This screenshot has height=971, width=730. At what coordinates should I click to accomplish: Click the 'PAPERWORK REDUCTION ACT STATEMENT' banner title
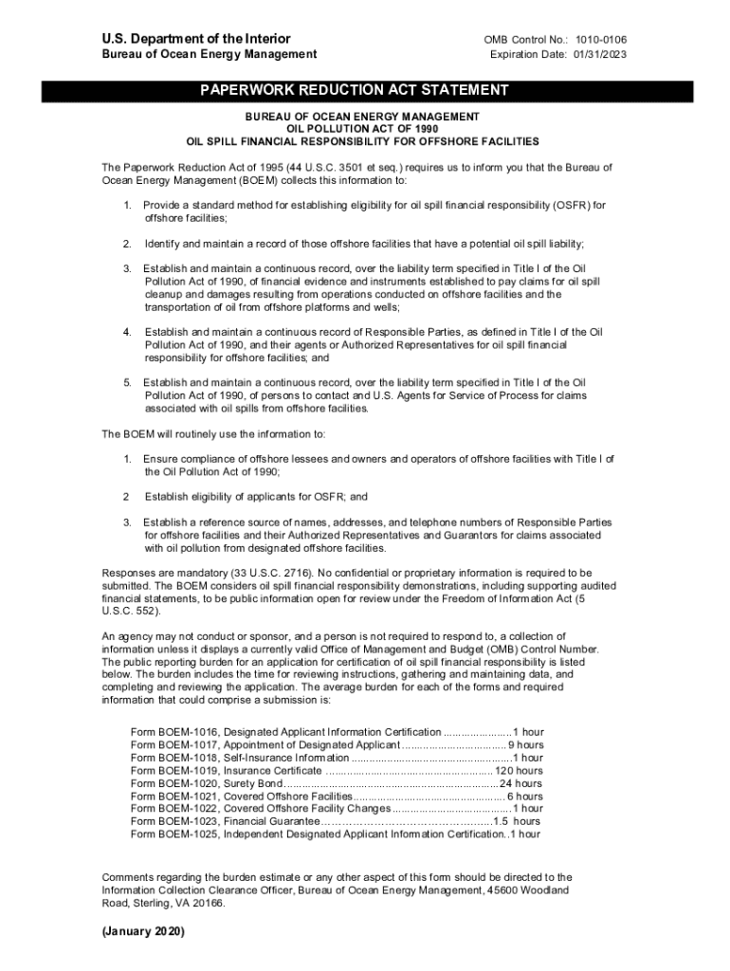coord(354,90)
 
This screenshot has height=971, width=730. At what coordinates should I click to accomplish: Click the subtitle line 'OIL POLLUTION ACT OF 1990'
coord(363,128)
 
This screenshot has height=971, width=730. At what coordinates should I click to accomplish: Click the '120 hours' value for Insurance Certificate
coord(519,771)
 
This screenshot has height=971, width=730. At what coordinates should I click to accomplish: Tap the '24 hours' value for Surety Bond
coord(521,784)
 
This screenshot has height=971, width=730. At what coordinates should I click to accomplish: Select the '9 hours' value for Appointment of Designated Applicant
coord(526,745)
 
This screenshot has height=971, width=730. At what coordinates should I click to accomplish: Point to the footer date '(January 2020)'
coord(143,932)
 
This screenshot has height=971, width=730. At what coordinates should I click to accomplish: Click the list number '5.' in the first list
coord(127,382)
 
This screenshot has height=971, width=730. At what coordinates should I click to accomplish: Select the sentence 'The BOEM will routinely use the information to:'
coord(213,434)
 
